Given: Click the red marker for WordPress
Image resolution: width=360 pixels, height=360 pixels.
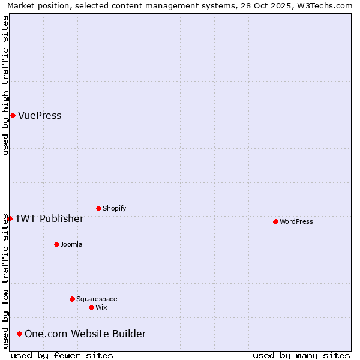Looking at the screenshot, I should [275, 221].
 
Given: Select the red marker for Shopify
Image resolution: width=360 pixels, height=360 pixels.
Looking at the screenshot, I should [98, 208].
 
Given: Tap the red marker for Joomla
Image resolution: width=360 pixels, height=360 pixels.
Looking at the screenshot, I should [56, 244].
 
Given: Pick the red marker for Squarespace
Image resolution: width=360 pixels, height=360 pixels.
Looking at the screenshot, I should [72, 299].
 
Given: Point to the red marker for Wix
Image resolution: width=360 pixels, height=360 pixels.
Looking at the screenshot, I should [91, 307].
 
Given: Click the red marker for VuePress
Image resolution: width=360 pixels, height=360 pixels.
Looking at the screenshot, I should [13, 115].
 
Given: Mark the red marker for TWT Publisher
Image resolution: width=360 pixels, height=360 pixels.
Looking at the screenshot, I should [10, 218].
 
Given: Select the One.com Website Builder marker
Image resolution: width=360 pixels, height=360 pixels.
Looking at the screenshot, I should [19, 334].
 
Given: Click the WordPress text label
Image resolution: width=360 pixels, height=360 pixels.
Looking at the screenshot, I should [296, 221].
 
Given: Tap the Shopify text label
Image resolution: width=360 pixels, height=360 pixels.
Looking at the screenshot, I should [114, 208].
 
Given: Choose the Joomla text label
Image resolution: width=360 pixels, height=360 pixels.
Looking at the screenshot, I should [71, 244].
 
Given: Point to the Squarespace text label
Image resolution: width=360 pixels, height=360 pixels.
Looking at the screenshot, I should [97, 299].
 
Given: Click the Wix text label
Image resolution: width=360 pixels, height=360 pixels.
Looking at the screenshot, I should [101, 307].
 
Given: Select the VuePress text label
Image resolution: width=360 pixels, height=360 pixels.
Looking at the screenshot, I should [40, 115].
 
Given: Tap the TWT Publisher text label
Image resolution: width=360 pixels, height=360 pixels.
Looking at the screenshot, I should [49, 218].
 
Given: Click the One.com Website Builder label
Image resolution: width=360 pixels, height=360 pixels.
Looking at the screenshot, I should [85, 334].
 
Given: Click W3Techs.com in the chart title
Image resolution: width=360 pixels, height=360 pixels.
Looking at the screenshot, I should [326, 5].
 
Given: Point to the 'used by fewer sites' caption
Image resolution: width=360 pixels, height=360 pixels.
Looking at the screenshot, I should [62, 355].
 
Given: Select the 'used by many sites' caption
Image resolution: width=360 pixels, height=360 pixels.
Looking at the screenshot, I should [301, 355].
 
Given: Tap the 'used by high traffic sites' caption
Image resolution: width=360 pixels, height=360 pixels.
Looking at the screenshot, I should [5, 85].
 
